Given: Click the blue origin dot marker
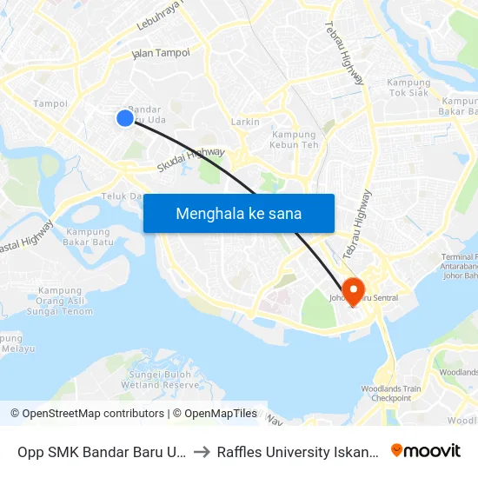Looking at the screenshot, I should tap(125, 117).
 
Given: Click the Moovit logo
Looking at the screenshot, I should tap(426, 450).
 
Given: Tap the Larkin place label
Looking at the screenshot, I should tap(246, 122).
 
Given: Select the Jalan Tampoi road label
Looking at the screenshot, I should tap(160, 53).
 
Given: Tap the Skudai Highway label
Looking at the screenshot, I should tap(190, 159).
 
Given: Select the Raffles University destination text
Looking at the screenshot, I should tap(298, 451).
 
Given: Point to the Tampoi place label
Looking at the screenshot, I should tap(50, 103).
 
